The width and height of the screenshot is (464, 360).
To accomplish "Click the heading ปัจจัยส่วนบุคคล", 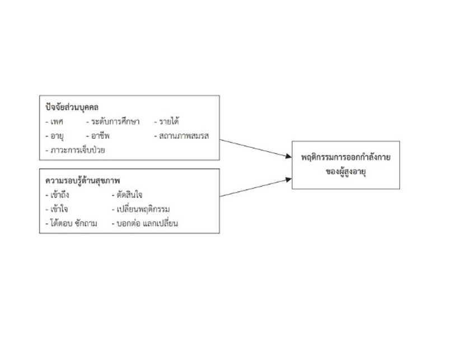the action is coord(72,107).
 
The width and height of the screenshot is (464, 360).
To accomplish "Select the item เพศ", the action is coord(57,121).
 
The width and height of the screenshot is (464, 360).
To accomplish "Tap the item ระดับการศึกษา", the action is coord(115,121).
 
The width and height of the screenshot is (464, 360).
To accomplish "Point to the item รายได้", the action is coord(169,121).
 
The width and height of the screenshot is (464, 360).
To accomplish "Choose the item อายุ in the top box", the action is coord(57,136).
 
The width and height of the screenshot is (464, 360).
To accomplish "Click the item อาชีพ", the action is coord(100,135).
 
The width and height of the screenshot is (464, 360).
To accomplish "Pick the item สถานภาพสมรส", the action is coord(184,136).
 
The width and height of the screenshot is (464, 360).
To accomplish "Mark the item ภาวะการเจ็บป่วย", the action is coord(78,150).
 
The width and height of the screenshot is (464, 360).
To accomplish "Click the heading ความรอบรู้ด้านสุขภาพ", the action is coord(83,180).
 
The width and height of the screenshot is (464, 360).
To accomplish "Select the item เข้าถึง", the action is coord(60,194).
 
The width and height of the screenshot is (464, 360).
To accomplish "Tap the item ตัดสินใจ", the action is coord(129,194).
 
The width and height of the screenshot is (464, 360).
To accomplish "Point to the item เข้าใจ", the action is coord(59,209).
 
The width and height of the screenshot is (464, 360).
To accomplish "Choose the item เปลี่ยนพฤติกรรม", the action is coord(143,209).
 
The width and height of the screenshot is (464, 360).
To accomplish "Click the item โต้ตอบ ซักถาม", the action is coord(74,223).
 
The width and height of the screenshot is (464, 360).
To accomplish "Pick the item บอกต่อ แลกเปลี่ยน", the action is coord(147,223).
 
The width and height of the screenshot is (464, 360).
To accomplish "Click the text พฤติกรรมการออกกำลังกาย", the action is coord(346,157).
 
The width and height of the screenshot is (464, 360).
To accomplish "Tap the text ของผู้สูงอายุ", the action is coord(346,171).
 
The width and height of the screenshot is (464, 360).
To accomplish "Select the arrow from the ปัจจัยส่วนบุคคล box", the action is coord(256,148).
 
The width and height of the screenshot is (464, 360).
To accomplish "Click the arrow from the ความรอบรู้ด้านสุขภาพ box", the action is coord(256,188).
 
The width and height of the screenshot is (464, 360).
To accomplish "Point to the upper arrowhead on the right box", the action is coord(288,156).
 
